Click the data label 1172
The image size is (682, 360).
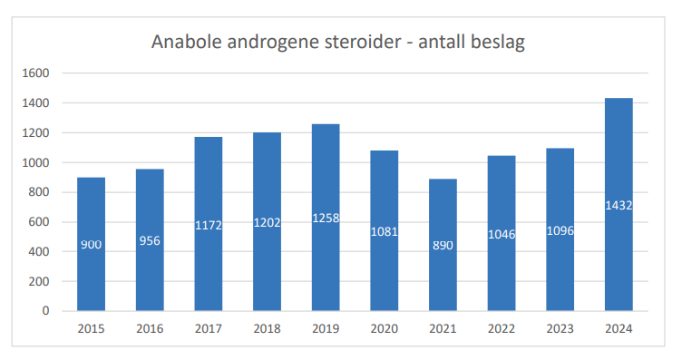tap(208, 225)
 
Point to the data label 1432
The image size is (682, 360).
tap(619, 205)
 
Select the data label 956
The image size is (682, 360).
tap(150, 240)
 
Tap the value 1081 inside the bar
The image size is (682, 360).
tap(384, 231)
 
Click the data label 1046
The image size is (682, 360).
tap(502, 234)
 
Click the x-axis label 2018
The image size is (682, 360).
tap(267, 328)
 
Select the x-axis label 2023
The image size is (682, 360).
tap(560, 328)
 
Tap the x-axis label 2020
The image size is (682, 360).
tap(384, 328)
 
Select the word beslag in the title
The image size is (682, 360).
tap(499, 43)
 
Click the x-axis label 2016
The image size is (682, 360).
tap(150, 328)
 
